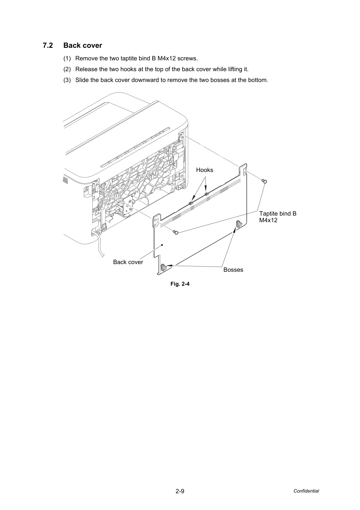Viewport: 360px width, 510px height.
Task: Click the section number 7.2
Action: tap(48, 46)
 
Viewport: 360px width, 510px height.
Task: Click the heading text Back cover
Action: tap(83, 46)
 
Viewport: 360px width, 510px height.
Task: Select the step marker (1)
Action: tap(67, 59)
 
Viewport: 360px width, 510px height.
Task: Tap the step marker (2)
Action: tap(67, 69)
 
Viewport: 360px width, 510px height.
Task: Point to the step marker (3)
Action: tap(67, 80)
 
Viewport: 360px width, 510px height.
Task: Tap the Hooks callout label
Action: tap(205, 170)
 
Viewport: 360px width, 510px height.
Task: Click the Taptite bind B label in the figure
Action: tap(278, 213)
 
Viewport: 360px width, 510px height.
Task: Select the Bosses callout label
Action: tap(233, 270)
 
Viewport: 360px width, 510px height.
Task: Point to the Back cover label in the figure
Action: tap(128, 262)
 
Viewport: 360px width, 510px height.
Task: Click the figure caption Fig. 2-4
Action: tap(180, 284)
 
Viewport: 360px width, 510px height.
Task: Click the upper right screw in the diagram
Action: tap(265, 181)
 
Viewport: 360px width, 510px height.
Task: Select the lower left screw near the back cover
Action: tap(176, 232)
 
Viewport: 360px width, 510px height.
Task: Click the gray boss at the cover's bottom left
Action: tap(163, 268)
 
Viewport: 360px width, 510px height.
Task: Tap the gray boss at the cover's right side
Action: tap(239, 224)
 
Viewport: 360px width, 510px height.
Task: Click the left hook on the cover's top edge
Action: tap(191, 203)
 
